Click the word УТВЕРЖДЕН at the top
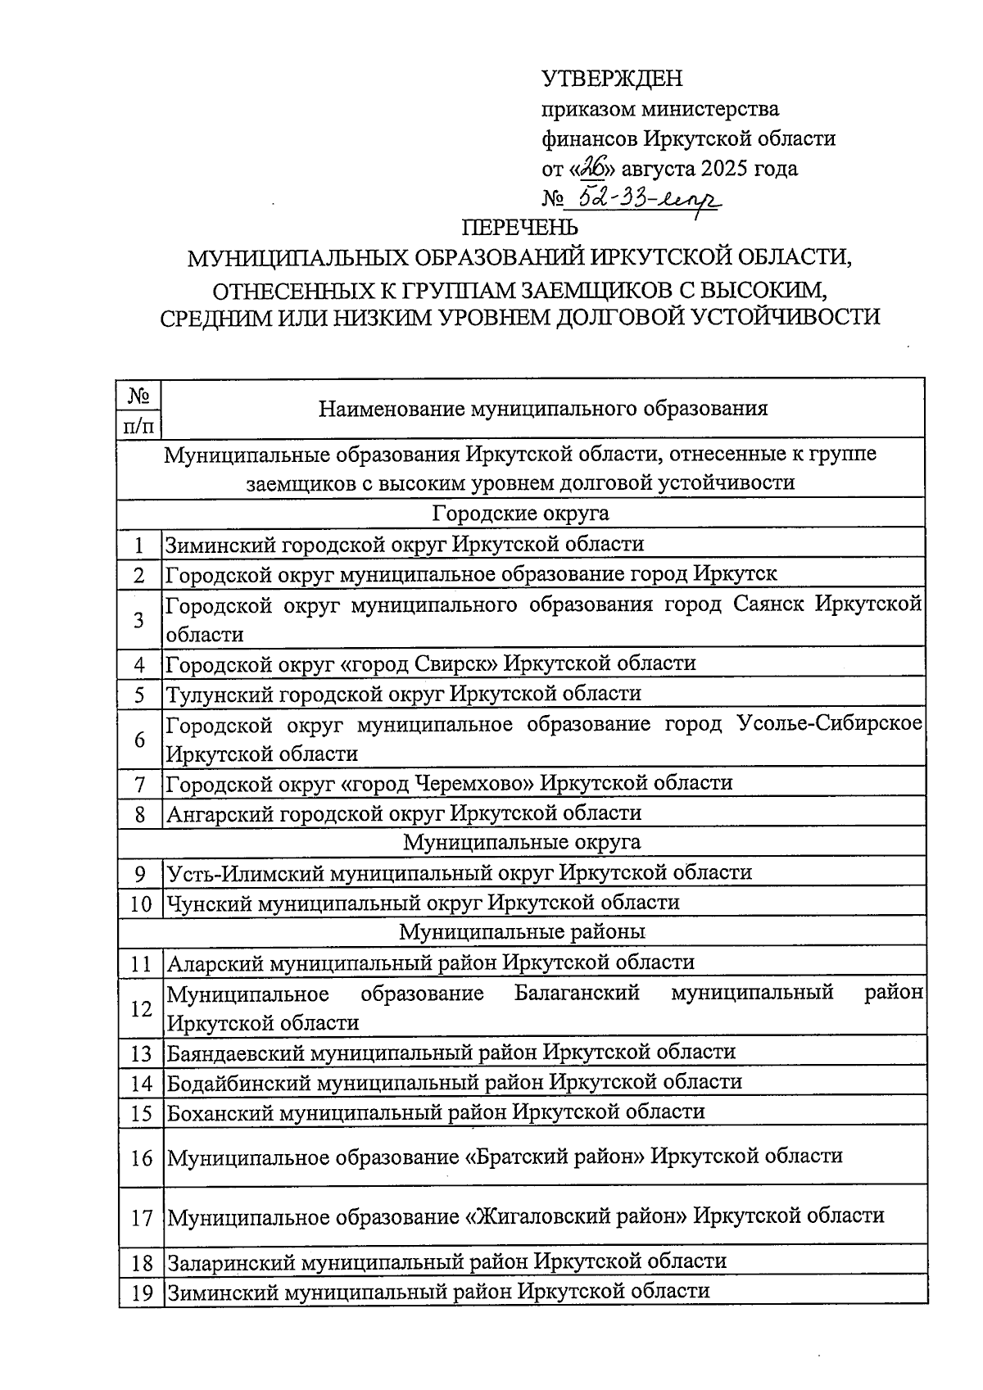612,79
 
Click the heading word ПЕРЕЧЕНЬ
519,227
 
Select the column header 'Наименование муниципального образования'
543,408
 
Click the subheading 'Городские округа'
520,514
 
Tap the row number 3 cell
139,619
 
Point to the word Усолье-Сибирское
829,723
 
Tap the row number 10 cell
140,903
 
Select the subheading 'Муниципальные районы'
522,932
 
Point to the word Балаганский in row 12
577,993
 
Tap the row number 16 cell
141,1158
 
